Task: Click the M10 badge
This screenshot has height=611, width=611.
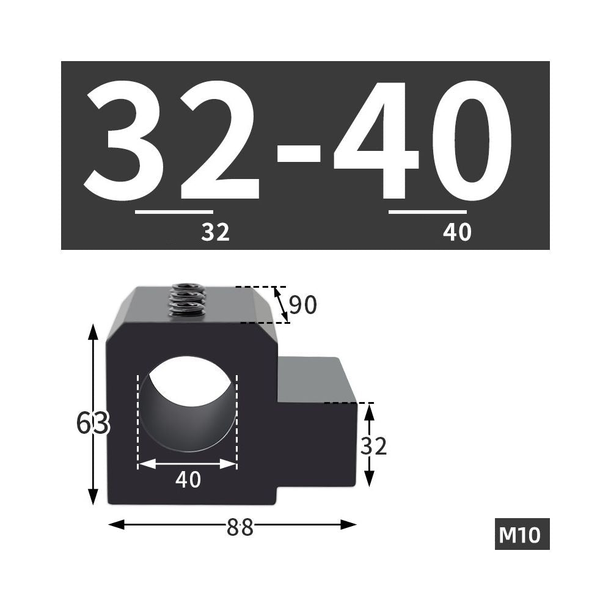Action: [x=522, y=534]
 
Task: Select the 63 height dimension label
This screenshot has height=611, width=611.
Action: [x=93, y=423]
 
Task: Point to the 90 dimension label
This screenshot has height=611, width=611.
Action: [x=303, y=305]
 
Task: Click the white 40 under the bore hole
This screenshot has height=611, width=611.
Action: [x=188, y=480]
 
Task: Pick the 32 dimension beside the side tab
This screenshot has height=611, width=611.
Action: [x=373, y=446]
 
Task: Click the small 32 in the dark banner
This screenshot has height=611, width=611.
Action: [x=216, y=232]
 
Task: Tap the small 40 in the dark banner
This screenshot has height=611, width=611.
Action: [x=457, y=232]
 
